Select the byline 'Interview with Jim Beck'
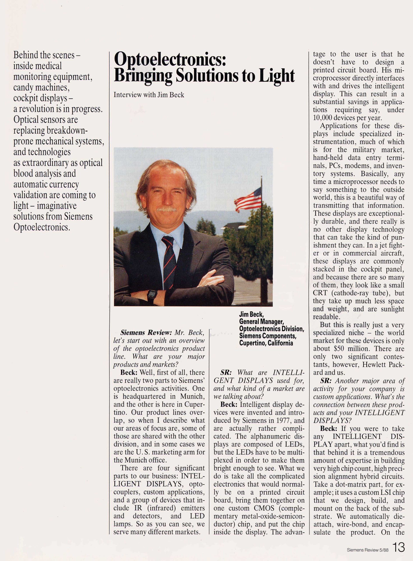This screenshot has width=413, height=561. pos(149,95)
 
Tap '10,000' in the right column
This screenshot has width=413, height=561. pos(323,118)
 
